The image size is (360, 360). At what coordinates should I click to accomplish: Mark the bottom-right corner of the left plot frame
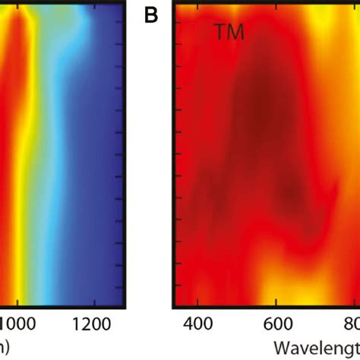(x=125, y=306)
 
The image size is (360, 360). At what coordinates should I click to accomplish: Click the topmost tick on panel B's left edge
(x=179, y=22)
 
